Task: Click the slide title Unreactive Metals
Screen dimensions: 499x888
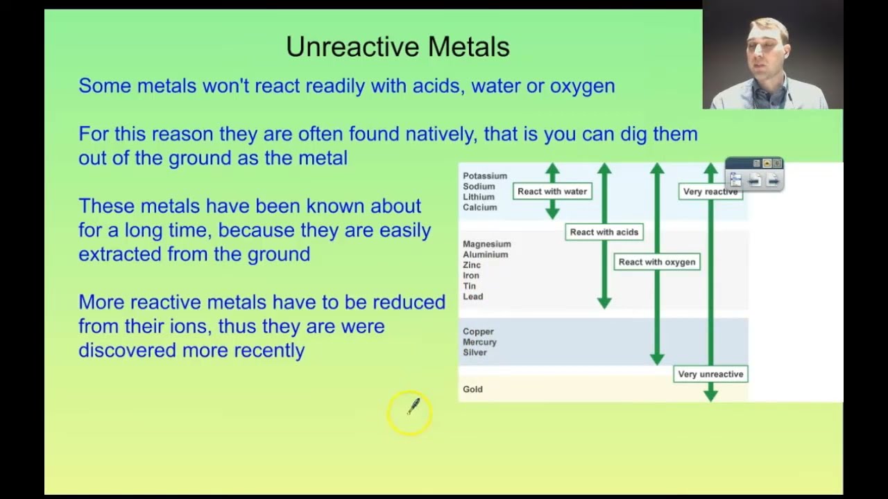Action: tap(398, 47)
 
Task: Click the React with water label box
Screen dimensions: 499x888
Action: tap(552, 191)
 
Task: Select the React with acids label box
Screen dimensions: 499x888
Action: tap(604, 232)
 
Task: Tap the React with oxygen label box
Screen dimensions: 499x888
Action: tap(656, 262)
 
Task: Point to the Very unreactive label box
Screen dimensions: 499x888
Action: tap(710, 374)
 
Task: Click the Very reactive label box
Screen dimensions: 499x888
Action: tap(710, 192)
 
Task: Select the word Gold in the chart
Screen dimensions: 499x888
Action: tap(472, 389)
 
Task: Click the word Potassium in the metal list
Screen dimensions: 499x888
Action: tap(485, 176)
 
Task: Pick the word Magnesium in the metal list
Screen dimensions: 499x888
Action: tap(486, 244)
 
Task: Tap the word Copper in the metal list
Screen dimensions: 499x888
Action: tap(478, 332)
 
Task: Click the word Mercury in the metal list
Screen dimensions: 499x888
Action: tap(479, 342)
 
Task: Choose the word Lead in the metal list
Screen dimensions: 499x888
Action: tap(472, 297)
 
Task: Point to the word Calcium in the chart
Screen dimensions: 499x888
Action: tap(479, 207)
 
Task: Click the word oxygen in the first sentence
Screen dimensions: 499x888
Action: tap(582, 86)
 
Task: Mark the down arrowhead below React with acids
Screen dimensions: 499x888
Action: tap(604, 303)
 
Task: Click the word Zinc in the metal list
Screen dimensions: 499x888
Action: tap(472, 265)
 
